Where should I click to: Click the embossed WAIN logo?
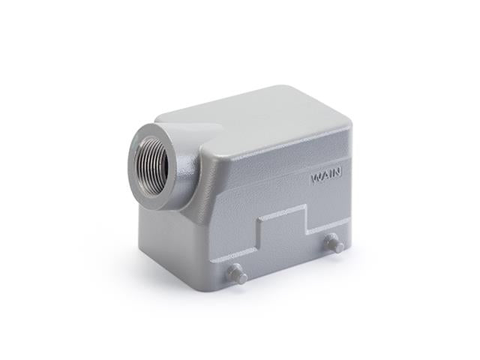tap(326, 178)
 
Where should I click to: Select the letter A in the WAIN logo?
tap(324, 178)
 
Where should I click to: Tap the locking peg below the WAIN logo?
tap(332, 243)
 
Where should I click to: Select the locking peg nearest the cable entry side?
tap(237, 273)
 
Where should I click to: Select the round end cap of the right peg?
tap(337, 246)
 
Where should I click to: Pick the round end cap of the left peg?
tap(241, 277)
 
